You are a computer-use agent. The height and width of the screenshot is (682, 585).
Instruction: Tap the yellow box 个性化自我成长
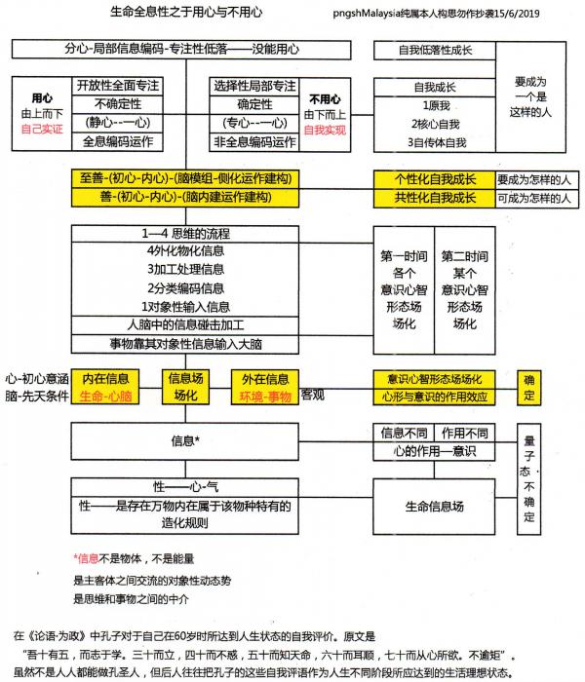[434, 178]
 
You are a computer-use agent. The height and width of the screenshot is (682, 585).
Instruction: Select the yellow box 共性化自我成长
[434, 197]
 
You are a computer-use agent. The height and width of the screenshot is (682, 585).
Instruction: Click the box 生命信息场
[434, 507]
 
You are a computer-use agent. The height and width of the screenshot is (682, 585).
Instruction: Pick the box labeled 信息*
[184, 440]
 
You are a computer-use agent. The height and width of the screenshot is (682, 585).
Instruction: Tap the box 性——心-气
[184, 485]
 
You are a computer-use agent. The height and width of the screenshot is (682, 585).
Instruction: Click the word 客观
[312, 394]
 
